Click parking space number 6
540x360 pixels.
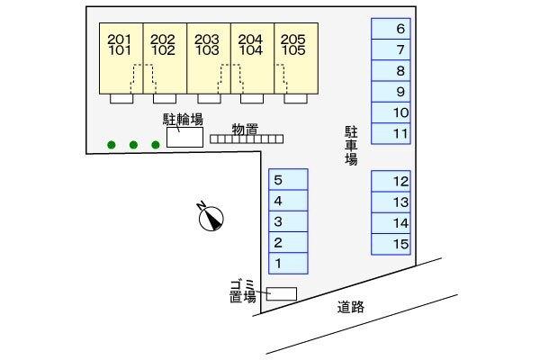(391, 29)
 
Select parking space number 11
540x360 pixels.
(391, 134)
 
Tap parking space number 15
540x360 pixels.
(391, 244)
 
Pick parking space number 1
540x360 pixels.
(288, 264)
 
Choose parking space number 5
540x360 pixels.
(288, 179)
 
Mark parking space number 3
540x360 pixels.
(288, 221)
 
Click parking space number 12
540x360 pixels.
(391, 181)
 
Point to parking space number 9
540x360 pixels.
(391, 92)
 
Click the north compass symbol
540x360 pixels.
(211, 218)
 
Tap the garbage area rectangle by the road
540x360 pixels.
(282, 294)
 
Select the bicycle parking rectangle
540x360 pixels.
(184, 137)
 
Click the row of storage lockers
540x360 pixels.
(247, 139)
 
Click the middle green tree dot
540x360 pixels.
(133, 145)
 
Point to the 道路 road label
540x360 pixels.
(351, 307)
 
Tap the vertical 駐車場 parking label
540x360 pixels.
(351, 146)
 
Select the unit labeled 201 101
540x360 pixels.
(121, 58)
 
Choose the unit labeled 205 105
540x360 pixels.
(296, 58)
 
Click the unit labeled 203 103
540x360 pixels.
(209, 58)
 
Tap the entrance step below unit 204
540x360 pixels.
(252, 98)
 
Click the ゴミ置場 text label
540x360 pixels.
(243, 291)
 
